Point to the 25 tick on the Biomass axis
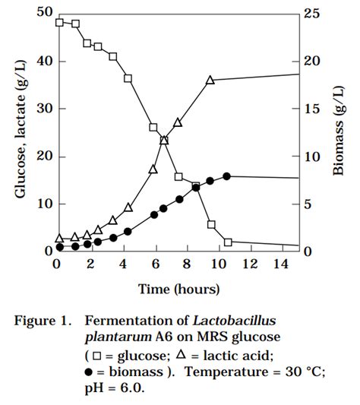coord(311,13)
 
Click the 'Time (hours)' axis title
coord(179,289)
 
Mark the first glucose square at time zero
coord(60,22)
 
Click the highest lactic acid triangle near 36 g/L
coord(211,80)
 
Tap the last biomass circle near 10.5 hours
coord(226,176)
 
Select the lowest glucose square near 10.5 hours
coord(228,242)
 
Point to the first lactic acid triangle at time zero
coord(60,238)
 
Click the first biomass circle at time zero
coord(60,247)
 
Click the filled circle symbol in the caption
coord(89,372)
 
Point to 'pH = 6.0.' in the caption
coord(115,388)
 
